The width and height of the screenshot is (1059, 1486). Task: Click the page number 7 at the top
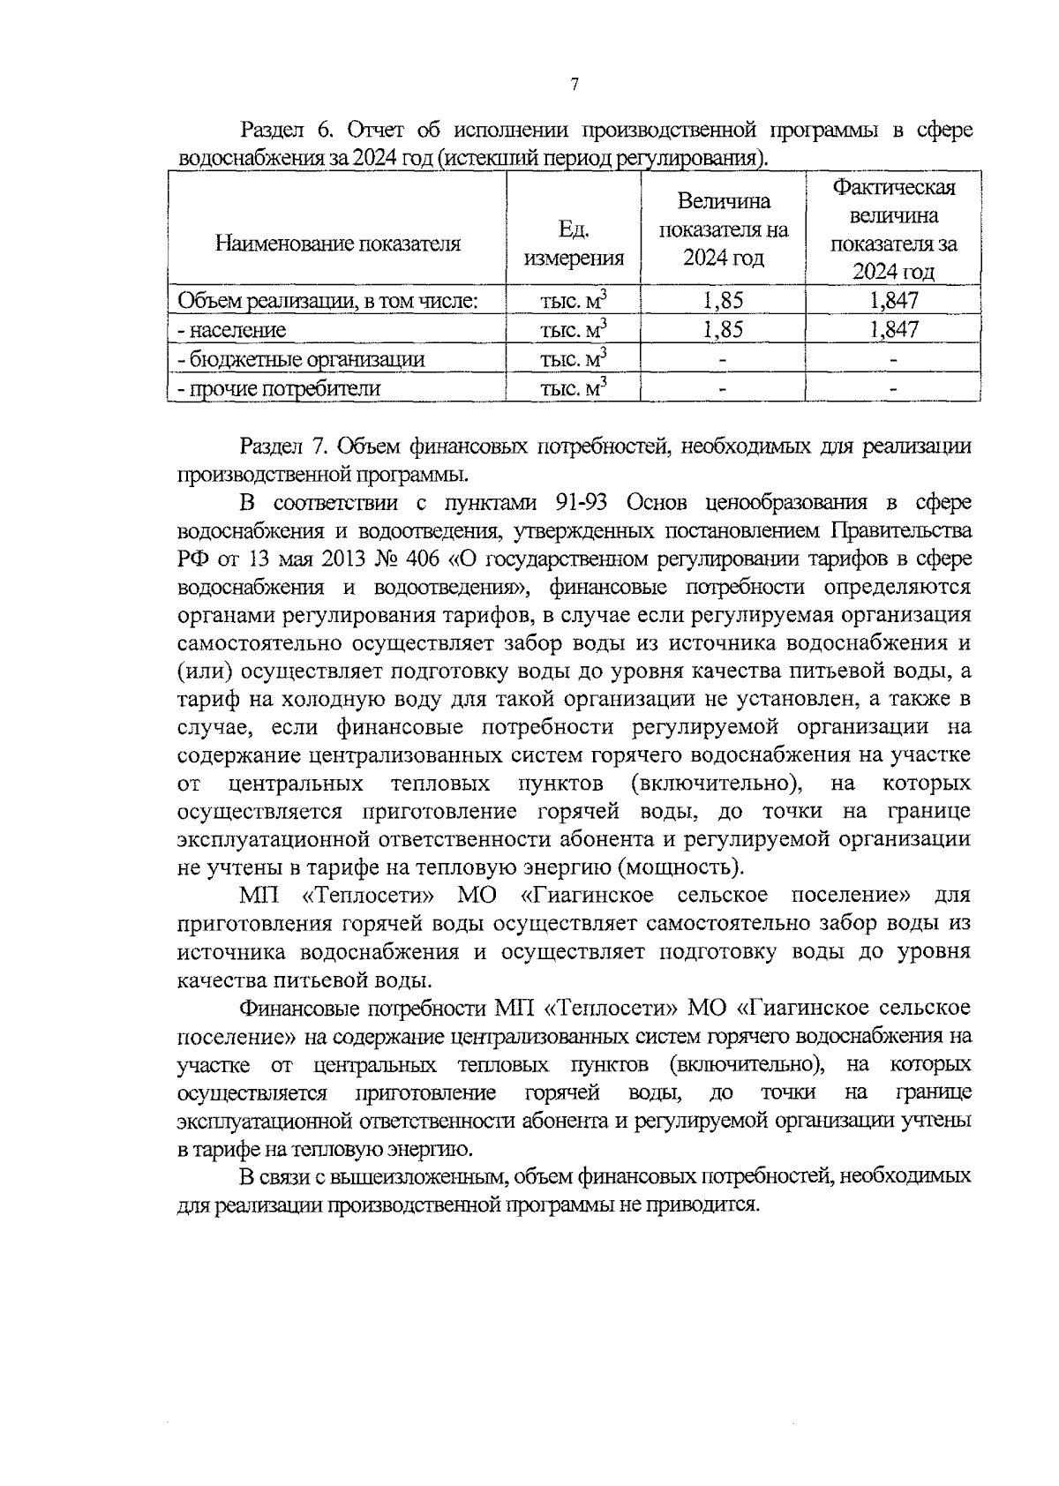[x=575, y=85]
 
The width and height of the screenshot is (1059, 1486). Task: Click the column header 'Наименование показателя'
[x=338, y=244]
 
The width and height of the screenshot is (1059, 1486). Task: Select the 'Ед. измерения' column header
[x=575, y=244]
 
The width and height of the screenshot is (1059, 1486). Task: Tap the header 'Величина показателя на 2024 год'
[x=724, y=229]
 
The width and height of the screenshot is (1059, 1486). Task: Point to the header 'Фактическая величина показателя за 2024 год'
[x=894, y=229]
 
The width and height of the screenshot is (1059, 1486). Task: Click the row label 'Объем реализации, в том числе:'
[x=328, y=301]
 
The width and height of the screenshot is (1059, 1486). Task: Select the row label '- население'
[x=232, y=330]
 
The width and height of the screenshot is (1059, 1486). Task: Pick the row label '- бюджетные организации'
[x=301, y=359]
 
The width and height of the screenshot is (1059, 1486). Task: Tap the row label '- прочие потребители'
[x=280, y=388]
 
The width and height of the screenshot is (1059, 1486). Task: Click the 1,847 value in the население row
[x=894, y=330]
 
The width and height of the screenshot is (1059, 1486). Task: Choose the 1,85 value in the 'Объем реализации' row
[x=724, y=301]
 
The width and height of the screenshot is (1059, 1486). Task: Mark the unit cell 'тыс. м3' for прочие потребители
[x=575, y=388]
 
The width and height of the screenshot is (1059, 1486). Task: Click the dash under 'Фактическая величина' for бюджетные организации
[x=894, y=359]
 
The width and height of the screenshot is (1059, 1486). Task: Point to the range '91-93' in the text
[x=586, y=503]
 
